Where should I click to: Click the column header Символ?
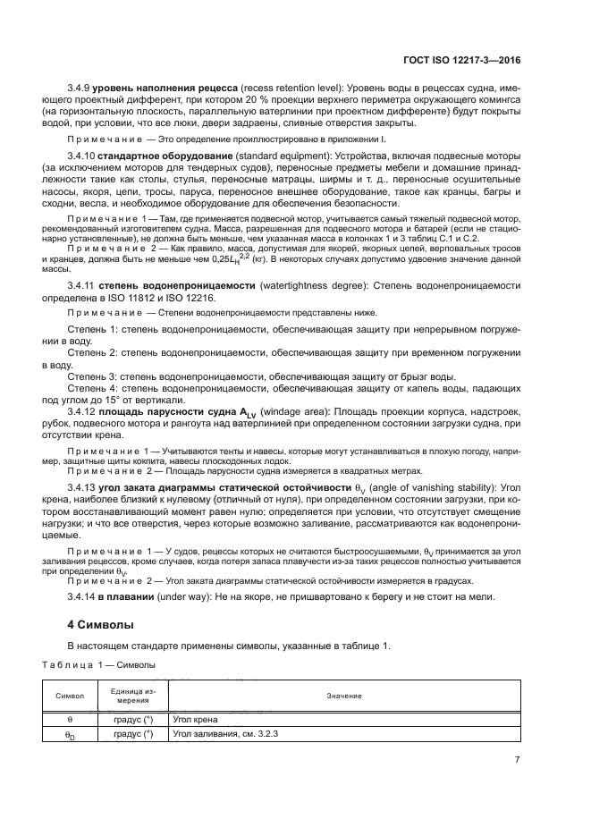70,695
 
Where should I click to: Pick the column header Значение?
344,695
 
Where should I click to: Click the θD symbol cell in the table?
70,735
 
